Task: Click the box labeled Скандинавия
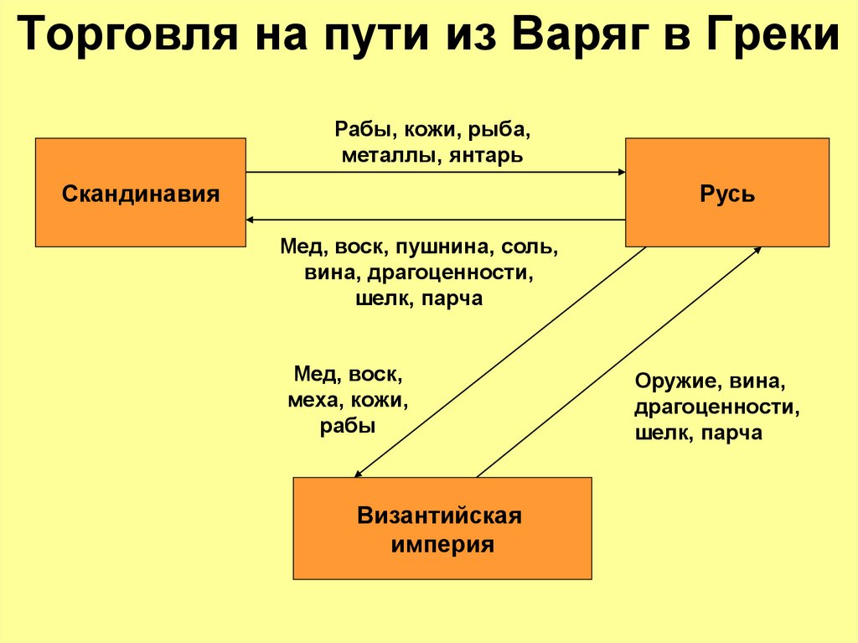(140, 194)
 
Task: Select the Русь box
(727, 194)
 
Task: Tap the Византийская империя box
(442, 529)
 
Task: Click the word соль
(529, 249)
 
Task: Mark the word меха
(312, 402)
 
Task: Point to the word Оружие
(670, 382)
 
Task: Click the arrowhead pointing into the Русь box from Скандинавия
(621, 172)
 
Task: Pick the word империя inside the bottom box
(442, 545)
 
